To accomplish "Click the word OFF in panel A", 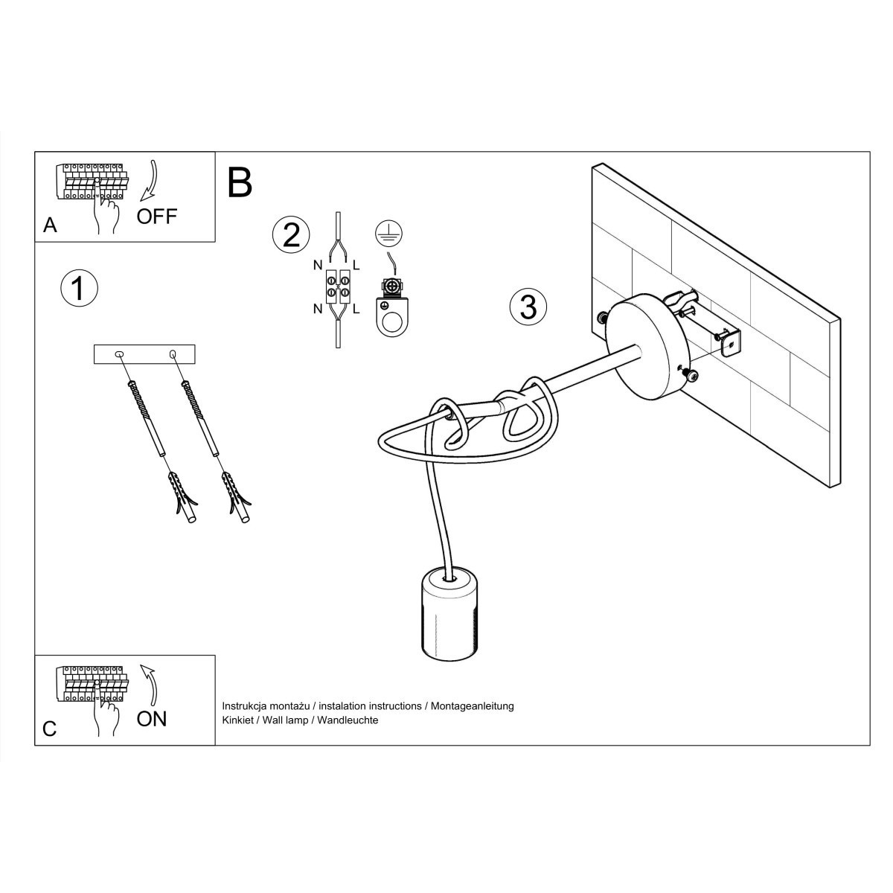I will coord(157,216).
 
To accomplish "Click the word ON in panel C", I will coord(152,718).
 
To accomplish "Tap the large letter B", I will coord(240,182).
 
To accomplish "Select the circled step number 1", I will coord(79,288).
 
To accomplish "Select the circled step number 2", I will coord(290,234).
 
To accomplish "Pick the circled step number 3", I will coord(528,307).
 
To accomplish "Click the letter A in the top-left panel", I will coord(50,225).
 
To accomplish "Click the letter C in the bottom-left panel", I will coord(50,728).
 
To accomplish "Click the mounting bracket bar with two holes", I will coord(144,354).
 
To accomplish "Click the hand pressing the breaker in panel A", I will coord(107,212).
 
